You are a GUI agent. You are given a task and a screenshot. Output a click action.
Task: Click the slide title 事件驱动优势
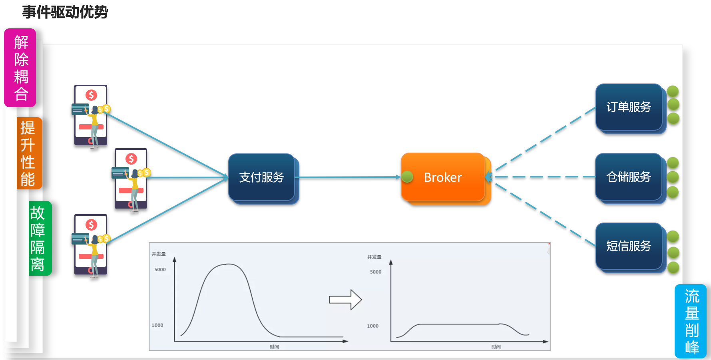[65, 12]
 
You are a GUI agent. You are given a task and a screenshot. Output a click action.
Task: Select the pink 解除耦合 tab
[20, 68]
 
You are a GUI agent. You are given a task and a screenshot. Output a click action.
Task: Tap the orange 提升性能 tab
[28, 153]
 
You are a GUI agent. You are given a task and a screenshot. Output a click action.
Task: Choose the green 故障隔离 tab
[39, 238]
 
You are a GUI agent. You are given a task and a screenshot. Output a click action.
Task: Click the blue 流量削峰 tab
[691, 321]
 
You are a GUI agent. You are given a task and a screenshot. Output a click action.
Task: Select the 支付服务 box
[261, 177]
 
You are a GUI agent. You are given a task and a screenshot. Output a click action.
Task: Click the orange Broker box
[443, 177]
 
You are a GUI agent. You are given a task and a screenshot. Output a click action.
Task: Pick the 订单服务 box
[629, 107]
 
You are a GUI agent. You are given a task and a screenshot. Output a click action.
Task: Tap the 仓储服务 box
[629, 177]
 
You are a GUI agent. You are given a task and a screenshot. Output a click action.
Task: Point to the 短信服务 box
[629, 246]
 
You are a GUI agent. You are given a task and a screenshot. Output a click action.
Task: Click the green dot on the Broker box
[407, 177]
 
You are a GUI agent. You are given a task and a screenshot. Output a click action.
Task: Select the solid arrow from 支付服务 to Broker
[348, 177]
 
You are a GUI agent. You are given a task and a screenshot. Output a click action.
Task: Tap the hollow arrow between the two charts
[345, 300]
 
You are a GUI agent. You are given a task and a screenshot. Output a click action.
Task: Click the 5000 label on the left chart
[160, 270]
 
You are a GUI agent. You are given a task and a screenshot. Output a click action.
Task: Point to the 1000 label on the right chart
[372, 326]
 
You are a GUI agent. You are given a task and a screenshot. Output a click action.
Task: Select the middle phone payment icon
[131, 179]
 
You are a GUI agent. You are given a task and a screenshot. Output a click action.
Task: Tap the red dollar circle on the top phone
[91, 95]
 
